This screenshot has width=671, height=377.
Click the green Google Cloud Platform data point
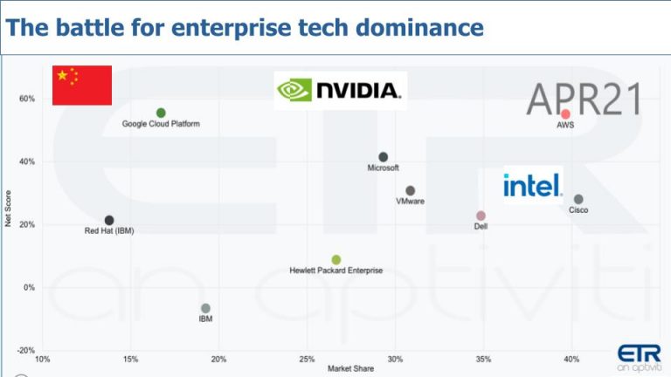point(161,113)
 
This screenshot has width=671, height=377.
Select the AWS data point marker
point(565,114)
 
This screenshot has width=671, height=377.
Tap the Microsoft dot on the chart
point(383,157)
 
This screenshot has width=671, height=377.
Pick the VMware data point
point(411,190)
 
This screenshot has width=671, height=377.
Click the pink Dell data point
point(481,216)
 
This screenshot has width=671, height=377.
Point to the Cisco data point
point(578,199)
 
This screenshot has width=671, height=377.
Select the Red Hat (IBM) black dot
point(109,221)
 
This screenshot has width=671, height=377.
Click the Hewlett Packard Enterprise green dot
point(336,260)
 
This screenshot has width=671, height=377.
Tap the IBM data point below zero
point(205,308)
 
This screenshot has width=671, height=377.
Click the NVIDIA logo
point(340,90)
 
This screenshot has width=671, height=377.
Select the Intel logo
point(532,185)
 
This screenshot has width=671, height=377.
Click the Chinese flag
point(82,85)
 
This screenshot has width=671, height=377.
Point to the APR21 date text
point(584,99)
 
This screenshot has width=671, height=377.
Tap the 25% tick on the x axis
point(307,359)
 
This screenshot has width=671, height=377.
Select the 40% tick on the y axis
point(26,161)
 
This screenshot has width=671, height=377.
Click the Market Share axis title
point(350,369)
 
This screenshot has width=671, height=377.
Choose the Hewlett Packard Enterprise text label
point(336,271)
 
